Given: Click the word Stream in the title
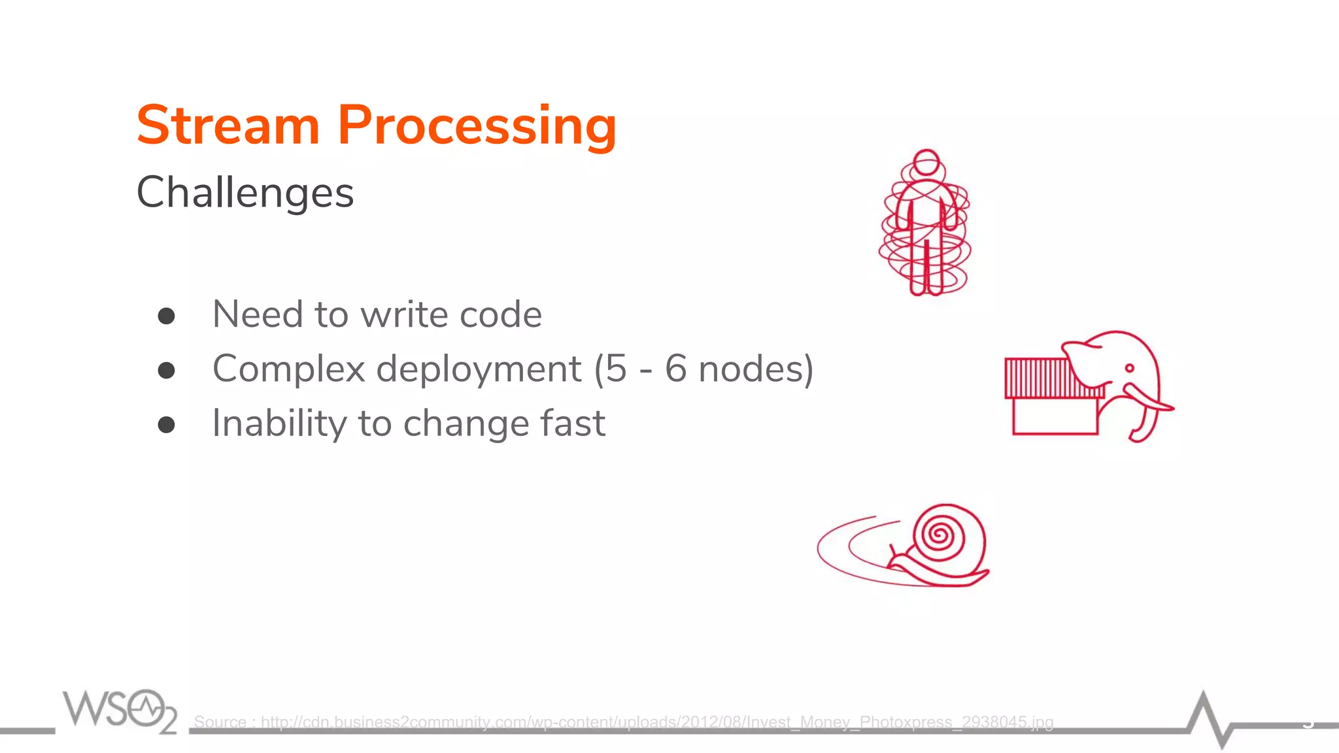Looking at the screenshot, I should pos(228,125).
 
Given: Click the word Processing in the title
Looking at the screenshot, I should pos(477,125).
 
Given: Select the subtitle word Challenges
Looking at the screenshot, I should pos(245,193).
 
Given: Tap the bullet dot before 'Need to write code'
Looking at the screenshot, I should pos(167,316).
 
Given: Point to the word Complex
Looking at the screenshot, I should pos(288,369).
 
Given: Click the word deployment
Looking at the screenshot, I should pos(479,369).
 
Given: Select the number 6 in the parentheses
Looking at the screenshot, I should pos(676,369).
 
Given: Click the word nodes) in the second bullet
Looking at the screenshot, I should pos(756,369).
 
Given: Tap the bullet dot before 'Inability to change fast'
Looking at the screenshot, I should pos(167,425).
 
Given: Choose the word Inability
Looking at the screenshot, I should pos(279,424).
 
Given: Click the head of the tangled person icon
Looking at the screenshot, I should pos(926,162).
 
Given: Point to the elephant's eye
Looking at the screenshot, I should pos(1130,369).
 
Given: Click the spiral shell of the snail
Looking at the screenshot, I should pos(941,536).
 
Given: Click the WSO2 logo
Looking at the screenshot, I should pos(120,710).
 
